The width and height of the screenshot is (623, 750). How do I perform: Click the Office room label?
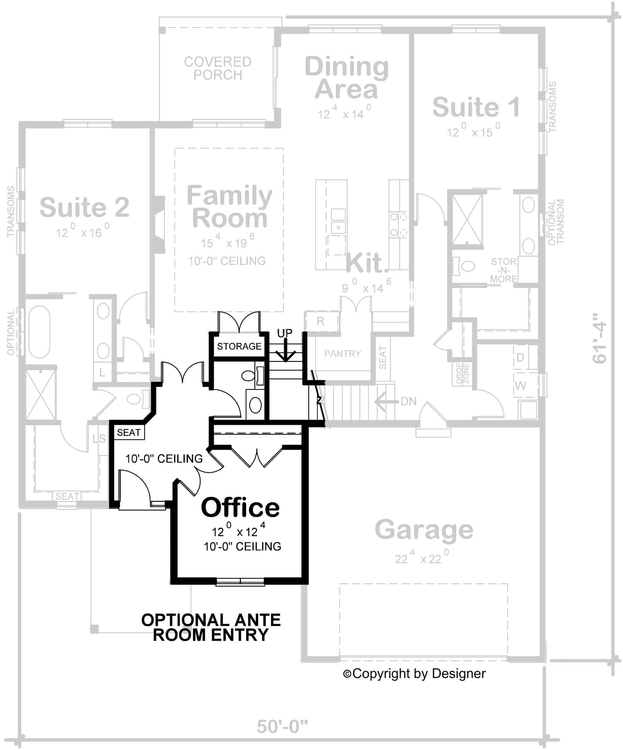click(x=240, y=507)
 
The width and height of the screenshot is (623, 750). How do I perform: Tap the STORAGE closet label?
click(x=239, y=346)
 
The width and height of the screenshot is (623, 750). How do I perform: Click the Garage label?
click(x=424, y=530)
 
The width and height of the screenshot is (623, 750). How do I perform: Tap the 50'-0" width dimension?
click(x=282, y=726)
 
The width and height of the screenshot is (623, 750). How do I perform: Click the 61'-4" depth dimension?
click(x=599, y=338)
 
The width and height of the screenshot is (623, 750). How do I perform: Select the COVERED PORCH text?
click(x=218, y=68)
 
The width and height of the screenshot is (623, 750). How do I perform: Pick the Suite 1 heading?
click(x=476, y=107)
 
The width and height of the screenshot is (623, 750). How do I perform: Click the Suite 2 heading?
click(x=84, y=207)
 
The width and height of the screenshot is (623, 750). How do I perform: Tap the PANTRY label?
click(x=342, y=354)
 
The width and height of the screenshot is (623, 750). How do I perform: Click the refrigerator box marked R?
click(x=320, y=321)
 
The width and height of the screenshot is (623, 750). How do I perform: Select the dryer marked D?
click(x=520, y=357)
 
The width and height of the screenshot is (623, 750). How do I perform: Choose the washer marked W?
click(x=520, y=386)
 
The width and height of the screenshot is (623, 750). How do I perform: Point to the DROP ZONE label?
click(x=463, y=373)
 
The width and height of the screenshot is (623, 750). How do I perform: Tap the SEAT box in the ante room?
click(x=129, y=433)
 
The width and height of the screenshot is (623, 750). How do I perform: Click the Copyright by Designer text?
click(x=414, y=674)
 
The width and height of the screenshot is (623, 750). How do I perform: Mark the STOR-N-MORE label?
click(x=503, y=270)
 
